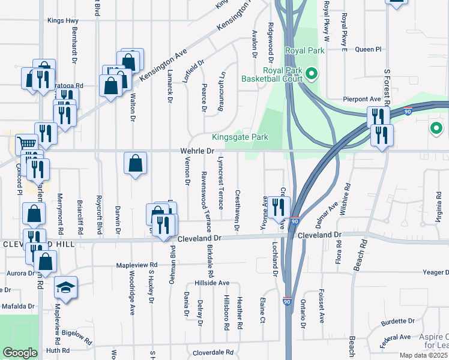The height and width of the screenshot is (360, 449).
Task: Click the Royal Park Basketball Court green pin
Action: click(312, 74)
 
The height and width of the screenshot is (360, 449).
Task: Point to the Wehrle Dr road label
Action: click(197, 152)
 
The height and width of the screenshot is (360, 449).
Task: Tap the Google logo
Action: click(20, 352)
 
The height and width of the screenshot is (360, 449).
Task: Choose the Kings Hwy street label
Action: click(63, 20)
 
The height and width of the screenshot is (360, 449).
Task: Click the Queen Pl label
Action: click(368, 49)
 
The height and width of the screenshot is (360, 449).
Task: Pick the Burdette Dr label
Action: click(397, 321)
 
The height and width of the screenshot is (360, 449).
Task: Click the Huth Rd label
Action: click(58, 350)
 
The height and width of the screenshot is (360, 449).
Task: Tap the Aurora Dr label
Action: click(17, 272)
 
